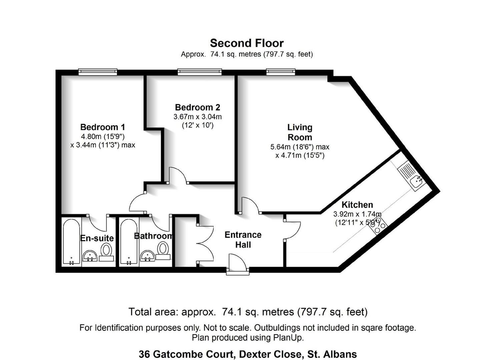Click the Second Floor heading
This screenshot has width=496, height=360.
point(247,43)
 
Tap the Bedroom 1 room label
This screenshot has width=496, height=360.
point(102,127)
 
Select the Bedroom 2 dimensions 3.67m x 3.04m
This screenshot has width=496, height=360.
point(197,117)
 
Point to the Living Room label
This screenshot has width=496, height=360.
point(300,132)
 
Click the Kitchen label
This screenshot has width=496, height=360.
point(357,205)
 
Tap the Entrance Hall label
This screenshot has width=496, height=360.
point(243,240)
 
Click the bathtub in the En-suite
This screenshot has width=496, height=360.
point(71,242)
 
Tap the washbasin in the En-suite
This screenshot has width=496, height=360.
point(90,256)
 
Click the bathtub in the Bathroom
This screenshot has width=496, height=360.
point(129,242)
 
